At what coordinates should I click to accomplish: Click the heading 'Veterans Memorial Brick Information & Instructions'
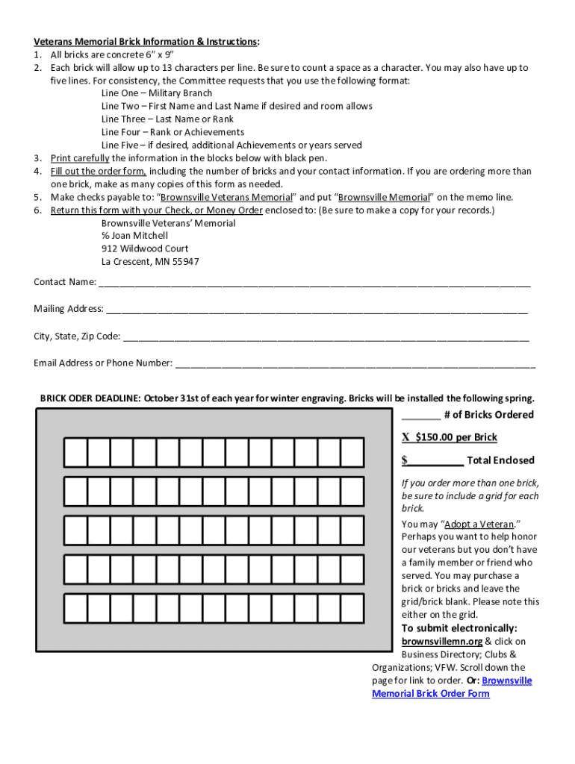[146, 42]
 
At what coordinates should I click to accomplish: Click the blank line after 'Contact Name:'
[314, 284]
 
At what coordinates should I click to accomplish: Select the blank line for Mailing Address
[317, 310]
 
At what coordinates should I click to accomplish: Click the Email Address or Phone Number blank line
[355, 365]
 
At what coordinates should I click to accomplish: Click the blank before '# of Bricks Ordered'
[420, 416]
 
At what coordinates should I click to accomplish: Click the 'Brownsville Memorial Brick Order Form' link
[453, 687]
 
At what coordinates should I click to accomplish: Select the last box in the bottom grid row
[352, 608]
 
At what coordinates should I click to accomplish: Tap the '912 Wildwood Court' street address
[145, 248]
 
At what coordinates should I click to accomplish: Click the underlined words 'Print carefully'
[80, 158]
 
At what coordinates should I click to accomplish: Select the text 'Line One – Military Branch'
[157, 93]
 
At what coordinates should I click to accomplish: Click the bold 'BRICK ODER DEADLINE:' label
[90, 398]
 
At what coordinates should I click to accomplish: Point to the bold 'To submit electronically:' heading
[459, 628]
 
